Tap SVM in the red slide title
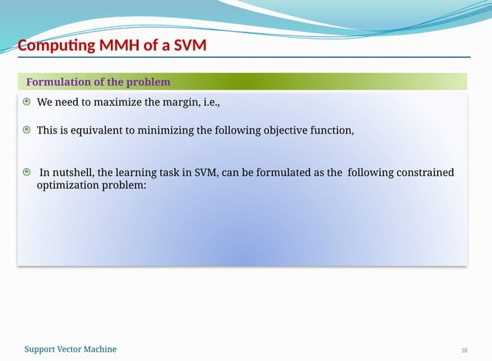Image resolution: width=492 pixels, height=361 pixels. (189, 46)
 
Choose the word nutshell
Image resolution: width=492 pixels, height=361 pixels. (72, 172)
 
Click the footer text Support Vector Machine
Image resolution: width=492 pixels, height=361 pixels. (70, 349)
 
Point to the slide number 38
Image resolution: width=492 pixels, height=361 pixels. (464, 350)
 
